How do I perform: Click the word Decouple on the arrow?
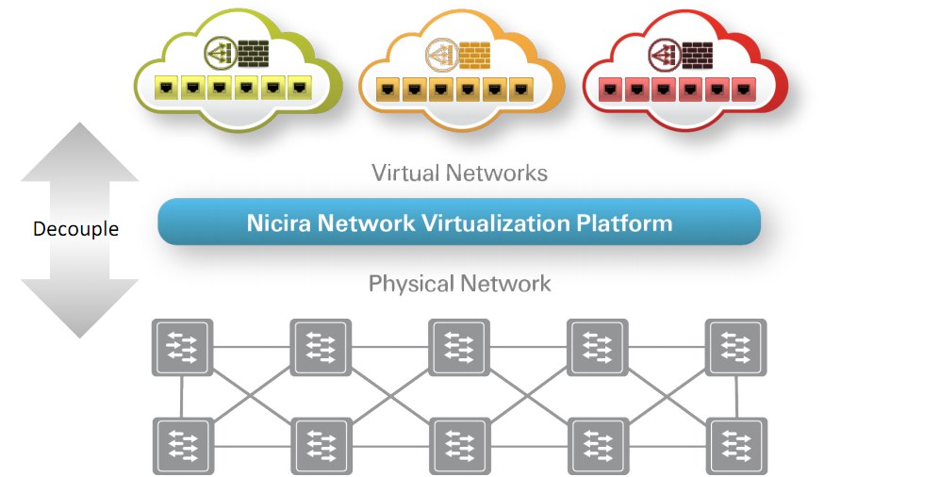75,229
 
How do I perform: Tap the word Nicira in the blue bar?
279,222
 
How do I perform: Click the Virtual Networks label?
459,173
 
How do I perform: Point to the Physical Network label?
459,283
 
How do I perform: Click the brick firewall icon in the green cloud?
253,54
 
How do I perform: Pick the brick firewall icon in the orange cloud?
474,55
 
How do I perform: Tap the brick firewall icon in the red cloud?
697,55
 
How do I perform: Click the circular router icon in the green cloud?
220,53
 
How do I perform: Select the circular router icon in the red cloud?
665,54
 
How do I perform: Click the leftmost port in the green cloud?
166,88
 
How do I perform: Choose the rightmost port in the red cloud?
743,89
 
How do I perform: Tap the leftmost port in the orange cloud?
388,89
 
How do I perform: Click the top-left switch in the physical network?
182,348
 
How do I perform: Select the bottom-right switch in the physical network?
736,447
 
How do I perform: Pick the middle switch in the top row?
459,348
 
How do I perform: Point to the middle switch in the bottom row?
459,447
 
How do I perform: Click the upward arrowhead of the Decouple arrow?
79,152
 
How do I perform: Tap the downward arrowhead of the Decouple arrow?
79,308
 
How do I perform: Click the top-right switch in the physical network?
736,348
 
